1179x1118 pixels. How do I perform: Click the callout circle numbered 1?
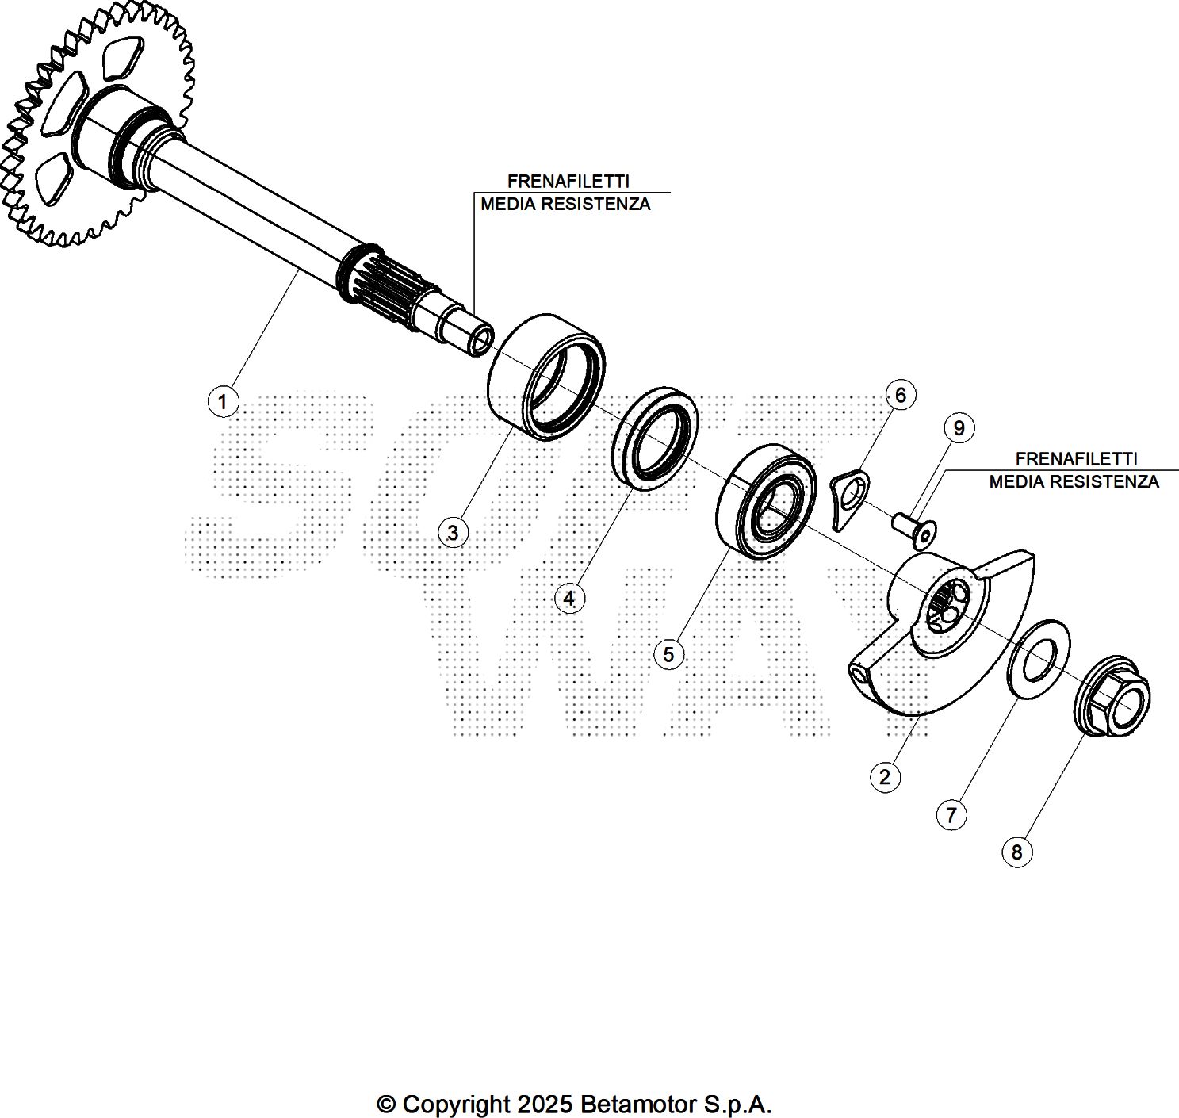click(223, 402)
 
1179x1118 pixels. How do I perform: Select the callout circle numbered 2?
click(885, 777)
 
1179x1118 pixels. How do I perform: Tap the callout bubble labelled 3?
click(452, 533)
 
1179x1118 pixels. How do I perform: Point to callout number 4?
click(569, 598)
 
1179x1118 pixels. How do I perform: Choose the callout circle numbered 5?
click(668, 654)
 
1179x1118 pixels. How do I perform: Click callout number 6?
click(900, 395)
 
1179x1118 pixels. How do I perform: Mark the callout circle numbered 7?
click(951, 814)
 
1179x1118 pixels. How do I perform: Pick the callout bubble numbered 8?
click(1016, 852)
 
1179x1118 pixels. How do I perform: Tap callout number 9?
click(959, 428)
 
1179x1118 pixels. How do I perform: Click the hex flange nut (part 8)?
click(1112, 698)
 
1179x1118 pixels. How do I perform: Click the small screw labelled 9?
click(913, 529)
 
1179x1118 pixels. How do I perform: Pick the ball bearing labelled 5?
click(766, 501)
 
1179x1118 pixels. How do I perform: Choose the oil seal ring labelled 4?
click(655, 438)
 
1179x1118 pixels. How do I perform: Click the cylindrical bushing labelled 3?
click(545, 376)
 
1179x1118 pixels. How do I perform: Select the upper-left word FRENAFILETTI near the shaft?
click(568, 182)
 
